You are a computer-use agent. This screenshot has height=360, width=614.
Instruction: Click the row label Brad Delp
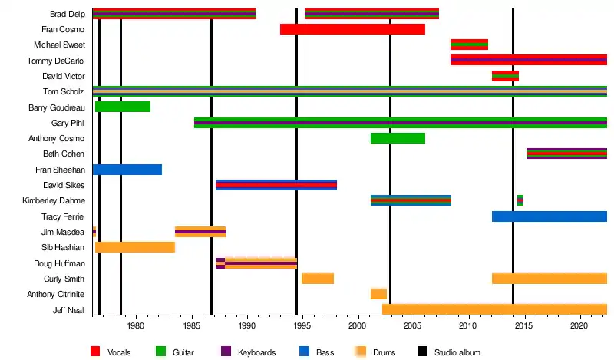tap(67, 14)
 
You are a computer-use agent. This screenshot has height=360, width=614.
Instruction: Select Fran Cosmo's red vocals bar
tap(352, 29)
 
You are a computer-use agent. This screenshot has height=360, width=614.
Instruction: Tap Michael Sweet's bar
tap(469, 45)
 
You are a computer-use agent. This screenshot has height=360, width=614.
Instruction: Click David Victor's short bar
tap(505, 76)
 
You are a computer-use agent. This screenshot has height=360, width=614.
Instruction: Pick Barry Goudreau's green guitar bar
tap(123, 107)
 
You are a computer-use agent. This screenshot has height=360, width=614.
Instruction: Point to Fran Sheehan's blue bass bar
tap(127, 170)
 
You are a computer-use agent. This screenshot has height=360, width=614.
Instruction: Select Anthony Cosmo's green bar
tap(398, 138)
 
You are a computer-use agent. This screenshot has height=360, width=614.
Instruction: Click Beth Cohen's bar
tap(567, 154)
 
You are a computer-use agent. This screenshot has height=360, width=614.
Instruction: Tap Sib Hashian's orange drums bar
tap(135, 247)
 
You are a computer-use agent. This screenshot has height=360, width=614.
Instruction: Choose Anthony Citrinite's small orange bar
tap(378, 294)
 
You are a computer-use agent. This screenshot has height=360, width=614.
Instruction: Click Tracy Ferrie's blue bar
tap(550, 216)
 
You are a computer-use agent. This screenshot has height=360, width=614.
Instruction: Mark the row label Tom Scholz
tap(67, 91)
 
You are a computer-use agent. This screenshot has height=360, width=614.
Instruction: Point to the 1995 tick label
tap(302, 326)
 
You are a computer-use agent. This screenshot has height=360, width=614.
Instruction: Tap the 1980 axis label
tap(136, 326)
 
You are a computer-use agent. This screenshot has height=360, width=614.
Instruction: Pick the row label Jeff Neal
tap(68, 310)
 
